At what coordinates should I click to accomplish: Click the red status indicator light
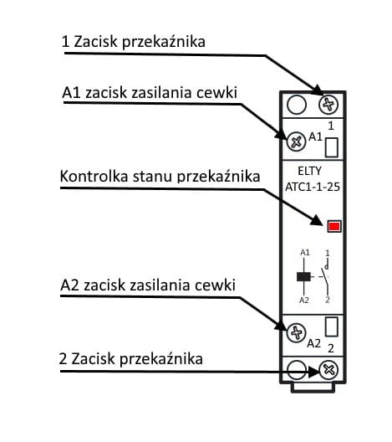pos(334,227)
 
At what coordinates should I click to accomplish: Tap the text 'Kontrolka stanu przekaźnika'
pos(160,177)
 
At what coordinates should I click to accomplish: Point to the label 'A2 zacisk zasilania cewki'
pos(148,285)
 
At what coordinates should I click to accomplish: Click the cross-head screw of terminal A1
pos(296,141)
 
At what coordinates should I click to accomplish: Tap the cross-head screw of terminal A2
pos(296,333)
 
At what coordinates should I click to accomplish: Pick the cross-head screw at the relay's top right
pos(329,105)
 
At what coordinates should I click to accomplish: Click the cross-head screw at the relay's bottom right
pos(329,369)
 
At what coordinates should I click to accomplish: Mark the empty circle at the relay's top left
pos(296,105)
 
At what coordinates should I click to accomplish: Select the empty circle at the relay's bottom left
pos(296,369)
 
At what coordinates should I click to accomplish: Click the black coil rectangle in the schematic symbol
pos(304,277)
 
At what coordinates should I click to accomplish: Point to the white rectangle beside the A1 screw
pos(331,147)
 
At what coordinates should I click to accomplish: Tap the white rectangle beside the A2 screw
pos(331,327)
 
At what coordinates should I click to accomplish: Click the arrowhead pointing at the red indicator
pos(320,223)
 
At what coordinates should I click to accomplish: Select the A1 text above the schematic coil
pos(304,252)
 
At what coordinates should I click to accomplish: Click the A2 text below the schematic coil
pos(304,301)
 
